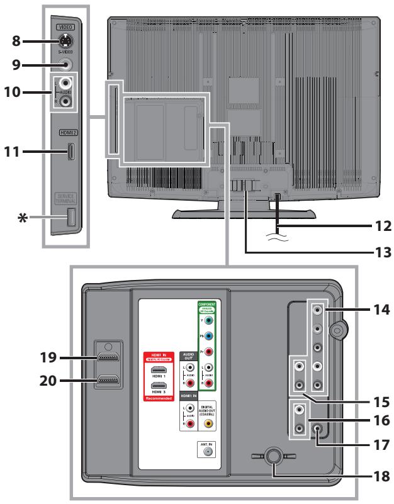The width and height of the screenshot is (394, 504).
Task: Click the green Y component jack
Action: point(209,319)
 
